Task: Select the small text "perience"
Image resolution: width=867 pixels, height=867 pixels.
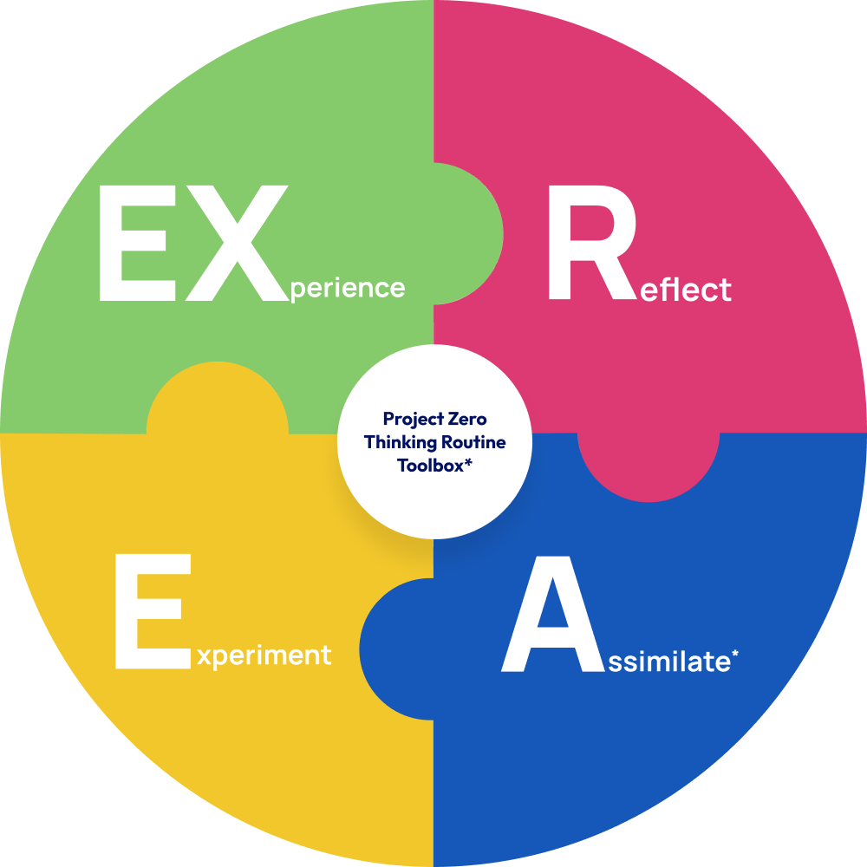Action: point(348,289)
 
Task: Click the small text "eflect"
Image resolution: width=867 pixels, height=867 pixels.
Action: point(684,290)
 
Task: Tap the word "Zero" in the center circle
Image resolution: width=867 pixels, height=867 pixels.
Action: point(468,420)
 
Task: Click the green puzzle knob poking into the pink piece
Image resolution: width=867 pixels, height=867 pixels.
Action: point(473,234)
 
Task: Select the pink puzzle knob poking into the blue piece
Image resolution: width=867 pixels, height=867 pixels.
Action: point(649,468)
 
